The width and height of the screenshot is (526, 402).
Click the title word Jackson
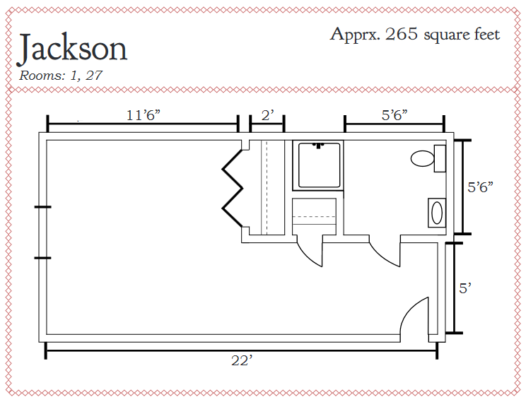point(72,49)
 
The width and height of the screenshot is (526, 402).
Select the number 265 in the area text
point(402,33)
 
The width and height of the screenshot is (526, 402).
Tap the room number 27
point(93,76)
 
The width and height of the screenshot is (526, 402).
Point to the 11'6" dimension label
point(144,115)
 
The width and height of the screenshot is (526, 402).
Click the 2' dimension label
point(267,115)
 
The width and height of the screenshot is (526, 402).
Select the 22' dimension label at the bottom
point(242,361)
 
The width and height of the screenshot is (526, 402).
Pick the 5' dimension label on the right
point(465,288)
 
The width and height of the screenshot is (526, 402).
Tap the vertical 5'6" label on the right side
point(480,187)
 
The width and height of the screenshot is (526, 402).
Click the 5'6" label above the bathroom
point(394,115)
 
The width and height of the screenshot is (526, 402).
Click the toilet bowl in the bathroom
point(422,158)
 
